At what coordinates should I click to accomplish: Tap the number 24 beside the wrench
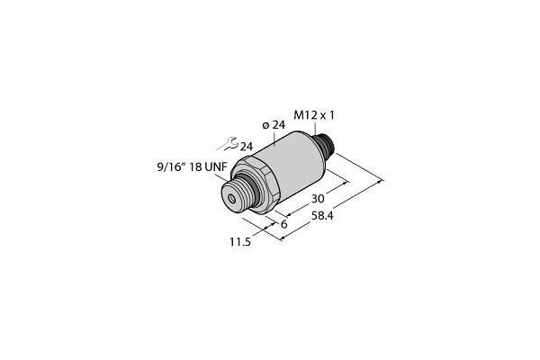[246, 146]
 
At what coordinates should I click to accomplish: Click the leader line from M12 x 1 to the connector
[314, 127]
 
